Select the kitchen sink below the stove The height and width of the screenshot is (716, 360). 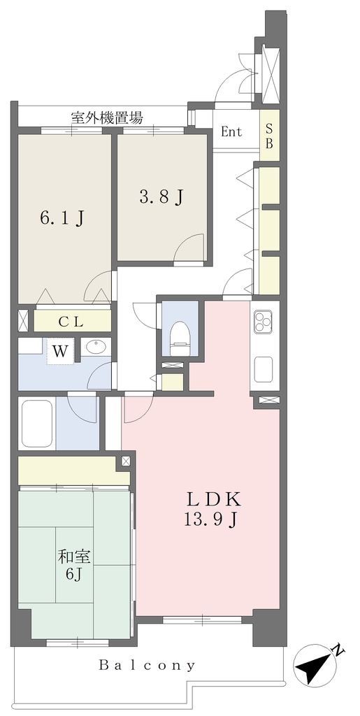264,369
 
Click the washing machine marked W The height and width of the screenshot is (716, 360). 60,352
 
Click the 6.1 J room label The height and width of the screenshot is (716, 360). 62,218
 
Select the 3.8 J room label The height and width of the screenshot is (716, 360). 161,197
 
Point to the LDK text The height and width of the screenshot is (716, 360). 213,499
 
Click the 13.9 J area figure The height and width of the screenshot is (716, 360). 213,520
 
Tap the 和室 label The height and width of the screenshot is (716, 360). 74,557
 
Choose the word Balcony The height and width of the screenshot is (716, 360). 147,665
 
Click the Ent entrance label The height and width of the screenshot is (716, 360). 231,132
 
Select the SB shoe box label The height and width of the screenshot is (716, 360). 269,136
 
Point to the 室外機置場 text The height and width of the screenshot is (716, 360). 107,118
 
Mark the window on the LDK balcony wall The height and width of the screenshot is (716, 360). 202,620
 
